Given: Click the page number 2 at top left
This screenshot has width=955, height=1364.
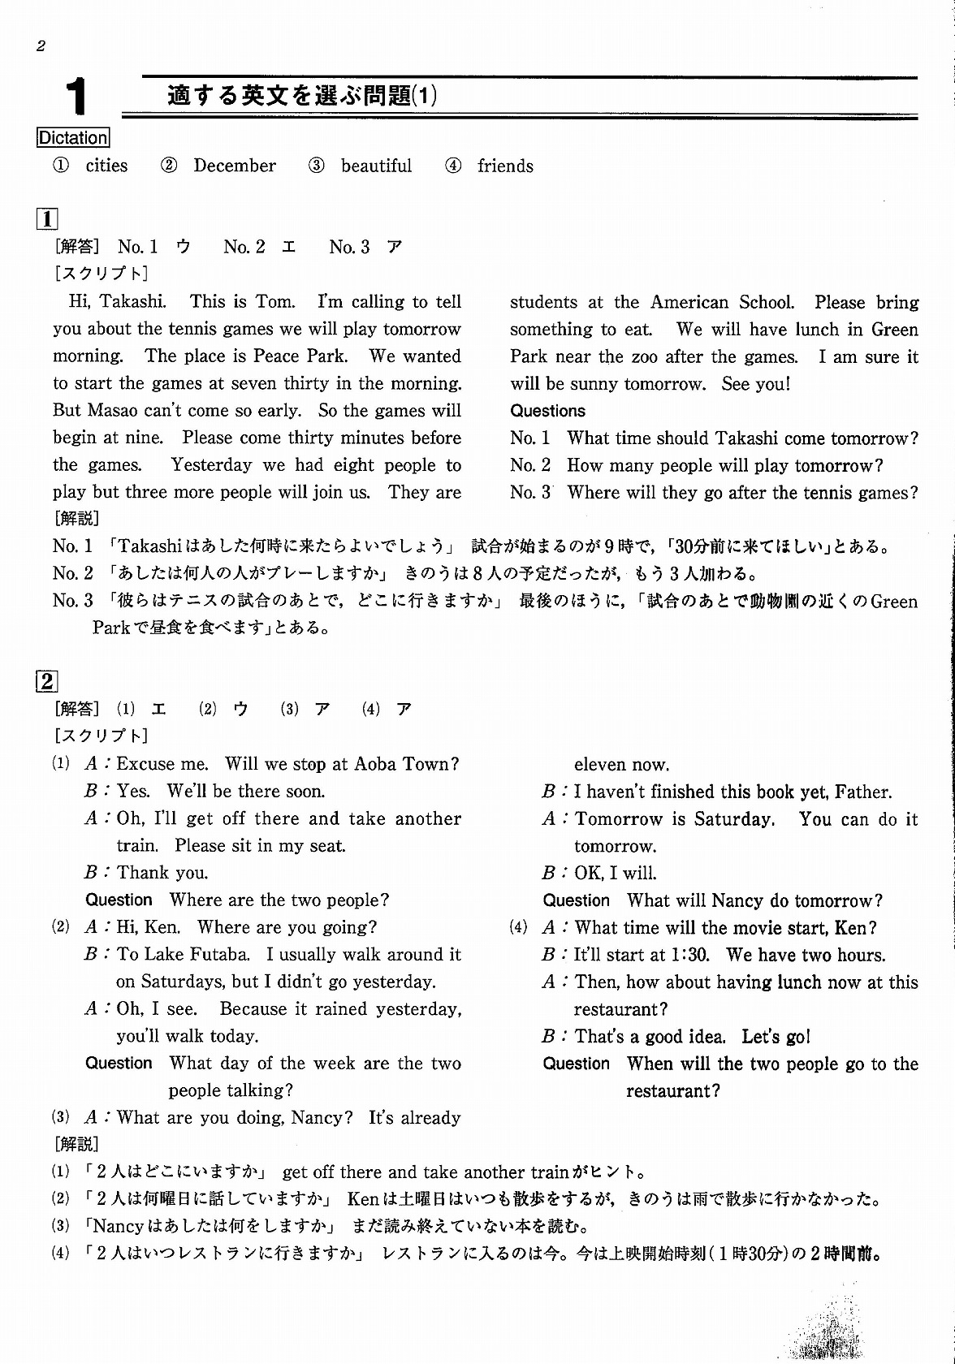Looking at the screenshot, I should (x=41, y=46).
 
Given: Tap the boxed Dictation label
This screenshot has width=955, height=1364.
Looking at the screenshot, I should (x=73, y=138).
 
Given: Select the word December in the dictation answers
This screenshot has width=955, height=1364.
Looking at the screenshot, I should (x=234, y=166).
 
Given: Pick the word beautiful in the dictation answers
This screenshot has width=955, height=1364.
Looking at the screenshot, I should (x=376, y=166).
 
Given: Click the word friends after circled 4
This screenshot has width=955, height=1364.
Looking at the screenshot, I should (x=505, y=166).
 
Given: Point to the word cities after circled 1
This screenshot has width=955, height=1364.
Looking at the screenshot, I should (x=106, y=166).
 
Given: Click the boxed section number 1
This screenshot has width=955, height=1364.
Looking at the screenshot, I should (x=47, y=218).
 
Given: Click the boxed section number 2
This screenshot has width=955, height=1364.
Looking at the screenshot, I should (x=47, y=681).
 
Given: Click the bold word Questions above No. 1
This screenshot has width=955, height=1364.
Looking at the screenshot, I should (x=547, y=411).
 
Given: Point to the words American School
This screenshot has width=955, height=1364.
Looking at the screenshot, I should (x=722, y=303).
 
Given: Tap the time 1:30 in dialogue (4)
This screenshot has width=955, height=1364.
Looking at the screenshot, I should (x=694, y=955).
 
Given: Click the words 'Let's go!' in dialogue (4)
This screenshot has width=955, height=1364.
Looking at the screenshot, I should (x=776, y=1037).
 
